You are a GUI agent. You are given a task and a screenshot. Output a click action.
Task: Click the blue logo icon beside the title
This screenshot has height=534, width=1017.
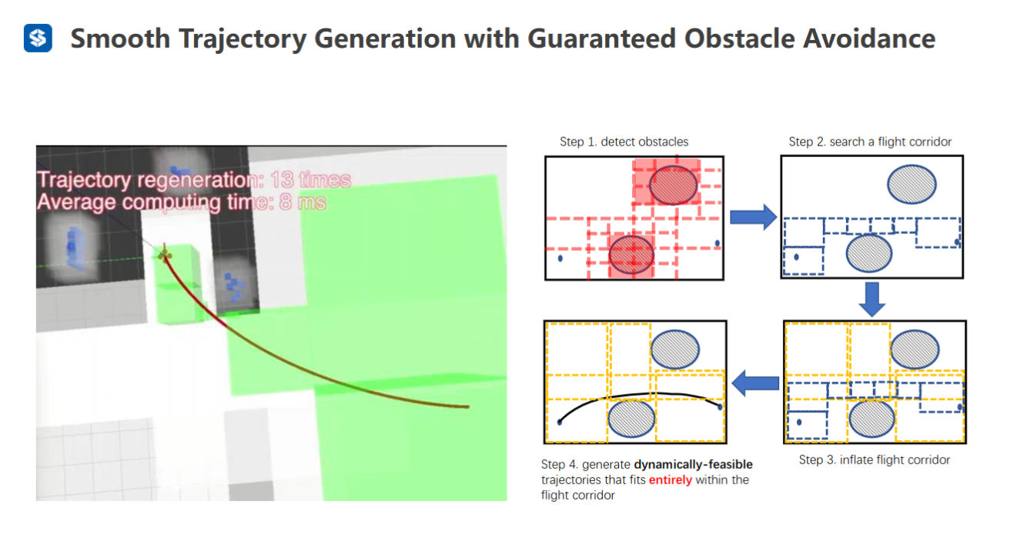click(x=38, y=38)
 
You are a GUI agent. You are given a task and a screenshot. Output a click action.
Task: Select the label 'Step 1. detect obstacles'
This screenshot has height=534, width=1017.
click(x=624, y=142)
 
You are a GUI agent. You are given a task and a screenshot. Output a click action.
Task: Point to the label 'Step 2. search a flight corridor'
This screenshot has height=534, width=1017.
click(x=870, y=142)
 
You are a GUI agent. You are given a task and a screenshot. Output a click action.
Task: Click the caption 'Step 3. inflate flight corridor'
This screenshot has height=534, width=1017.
click(x=875, y=460)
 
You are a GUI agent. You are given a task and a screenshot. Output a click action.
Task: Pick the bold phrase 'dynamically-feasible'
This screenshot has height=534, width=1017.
click(x=693, y=465)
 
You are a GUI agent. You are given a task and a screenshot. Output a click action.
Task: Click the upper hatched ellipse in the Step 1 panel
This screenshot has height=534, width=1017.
click(x=673, y=184)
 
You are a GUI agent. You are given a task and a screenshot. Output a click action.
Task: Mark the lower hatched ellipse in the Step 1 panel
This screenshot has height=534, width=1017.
click(x=631, y=255)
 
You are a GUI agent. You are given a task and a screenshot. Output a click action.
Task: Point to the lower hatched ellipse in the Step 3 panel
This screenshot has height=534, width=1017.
click(x=872, y=419)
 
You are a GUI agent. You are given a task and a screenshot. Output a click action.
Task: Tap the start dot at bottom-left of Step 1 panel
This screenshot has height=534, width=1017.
click(x=560, y=259)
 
